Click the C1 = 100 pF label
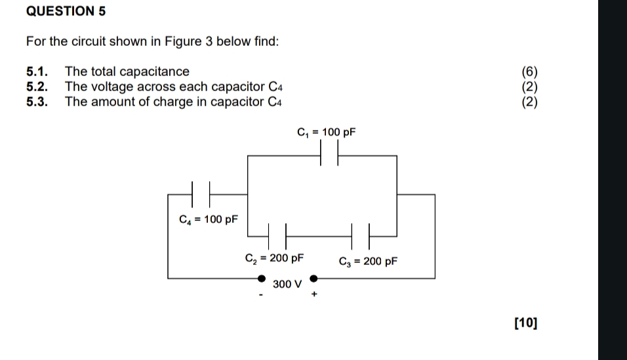326,132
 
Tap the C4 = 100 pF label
209,219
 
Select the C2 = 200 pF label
274,258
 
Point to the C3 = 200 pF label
368,261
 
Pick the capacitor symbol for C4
201,194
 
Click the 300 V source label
288,284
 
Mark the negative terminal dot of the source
262,279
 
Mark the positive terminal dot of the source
313,279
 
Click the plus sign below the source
314,295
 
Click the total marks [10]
526,322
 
